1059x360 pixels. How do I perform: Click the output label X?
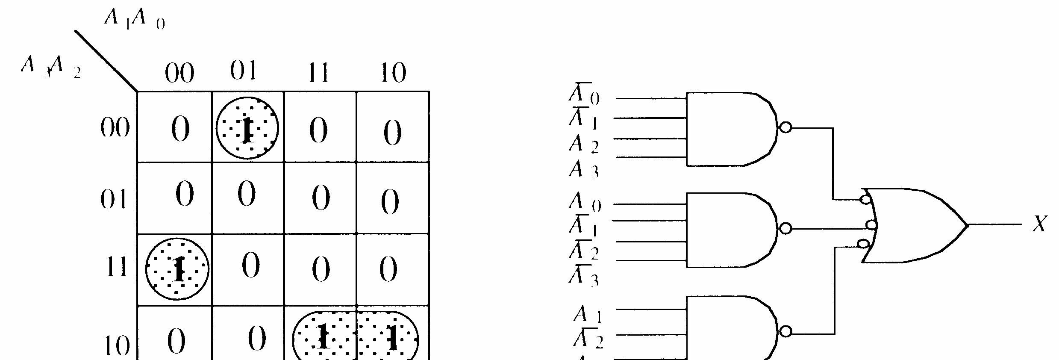click(x=1040, y=224)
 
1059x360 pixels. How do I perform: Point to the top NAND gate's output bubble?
click(x=785, y=127)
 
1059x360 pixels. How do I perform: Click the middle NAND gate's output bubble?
click(x=785, y=229)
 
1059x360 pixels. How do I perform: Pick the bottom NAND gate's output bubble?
click(x=785, y=331)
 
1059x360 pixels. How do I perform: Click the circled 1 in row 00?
click(x=247, y=128)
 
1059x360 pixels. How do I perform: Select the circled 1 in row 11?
click(x=177, y=269)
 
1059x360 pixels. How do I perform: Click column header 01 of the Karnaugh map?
click(x=243, y=71)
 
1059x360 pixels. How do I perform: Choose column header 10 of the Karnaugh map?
click(x=392, y=73)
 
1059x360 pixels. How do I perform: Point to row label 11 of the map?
click(x=115, y=268)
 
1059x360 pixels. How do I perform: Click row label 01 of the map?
click(x=114, y=199)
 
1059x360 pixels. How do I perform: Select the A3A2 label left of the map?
click(x=50, y=68)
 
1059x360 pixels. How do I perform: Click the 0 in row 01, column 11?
click(x=321, y=198)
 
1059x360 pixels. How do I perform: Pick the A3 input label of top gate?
click(x=583, y=169)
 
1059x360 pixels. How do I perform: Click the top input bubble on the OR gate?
click(x=865, y=199)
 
